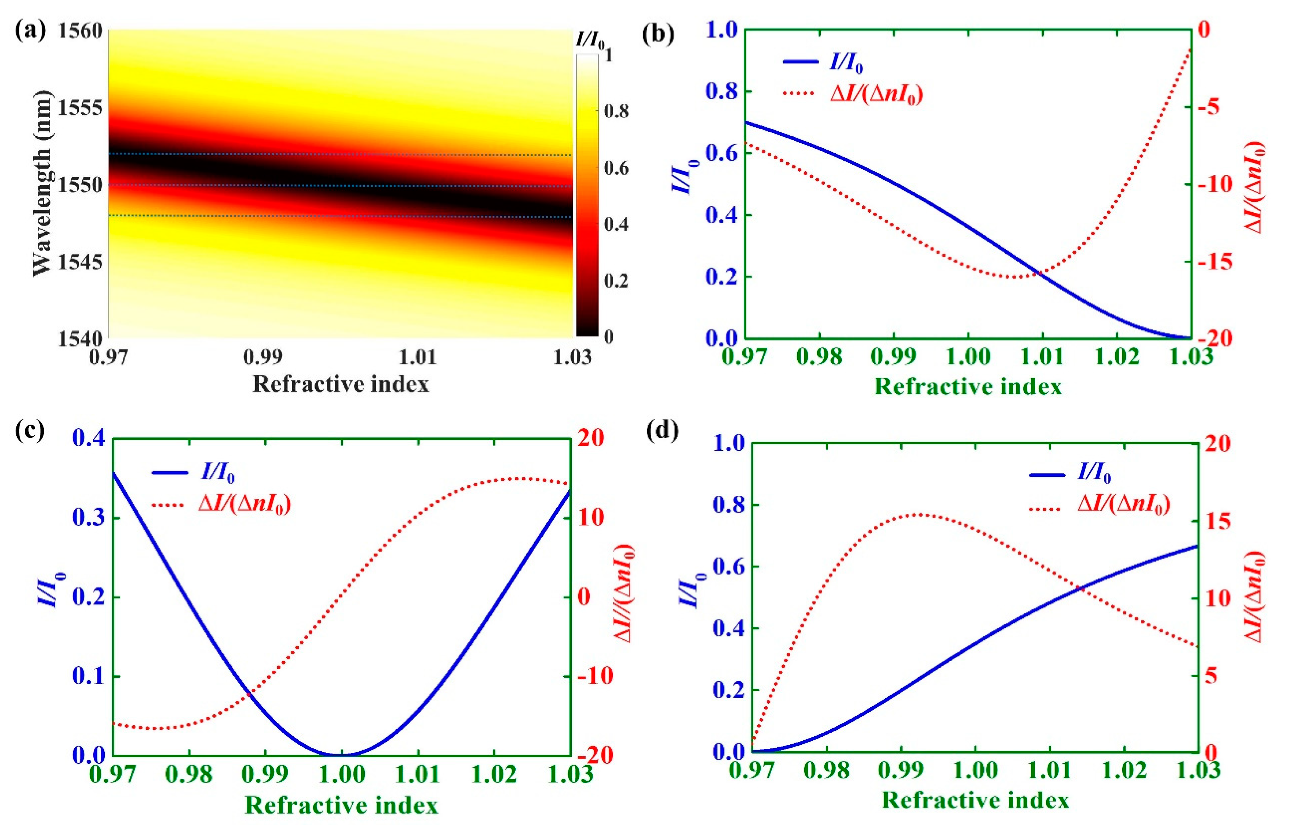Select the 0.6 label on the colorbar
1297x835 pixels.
point(616,168)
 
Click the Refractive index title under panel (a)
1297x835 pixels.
point(341,384)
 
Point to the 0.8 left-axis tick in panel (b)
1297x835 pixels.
point(721,91)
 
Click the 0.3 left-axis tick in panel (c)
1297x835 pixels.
point(88,518)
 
